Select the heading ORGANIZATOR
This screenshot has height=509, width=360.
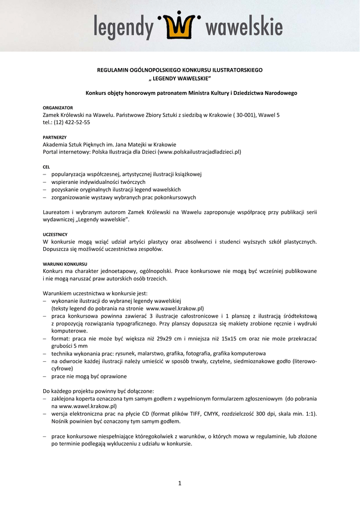(x=58, y=108)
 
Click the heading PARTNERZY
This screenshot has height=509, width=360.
(x=55, y=137)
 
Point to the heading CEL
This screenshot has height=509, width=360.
(x=47, y=167)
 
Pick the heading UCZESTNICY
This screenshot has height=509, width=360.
(x=55, y=234)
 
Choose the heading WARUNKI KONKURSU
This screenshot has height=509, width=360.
(x=65, y=263)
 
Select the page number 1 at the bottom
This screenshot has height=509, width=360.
(x=180, y=483)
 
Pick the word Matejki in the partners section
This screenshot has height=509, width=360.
(x=139, y=145)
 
